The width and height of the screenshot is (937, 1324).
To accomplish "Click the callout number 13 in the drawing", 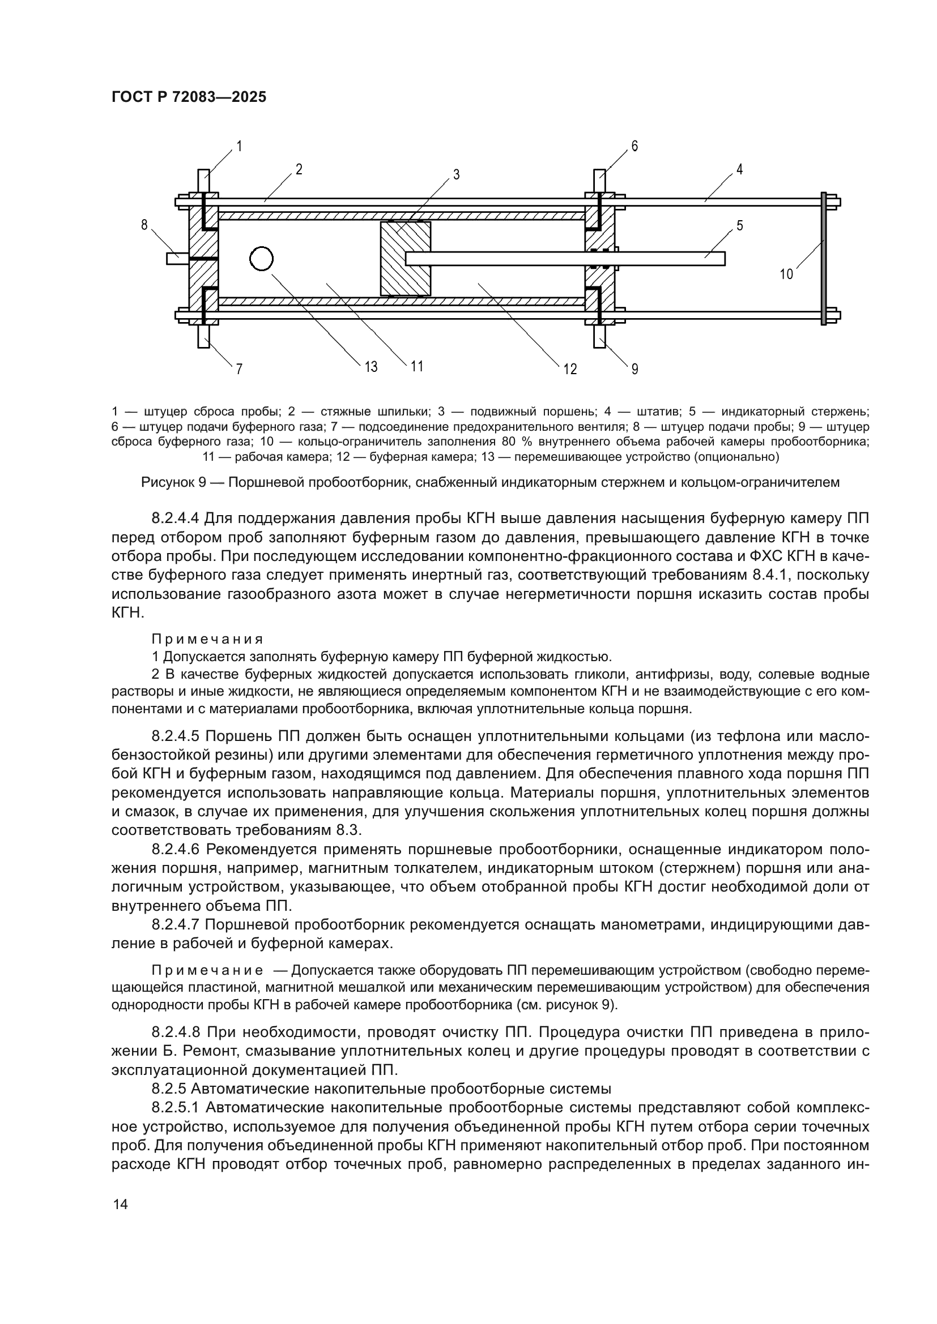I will (371, 366).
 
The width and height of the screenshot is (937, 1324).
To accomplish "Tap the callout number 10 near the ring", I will (786, 275).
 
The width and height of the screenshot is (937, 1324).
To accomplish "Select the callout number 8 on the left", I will (144, 225).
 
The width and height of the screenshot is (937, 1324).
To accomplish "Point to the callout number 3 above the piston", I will (456, 175).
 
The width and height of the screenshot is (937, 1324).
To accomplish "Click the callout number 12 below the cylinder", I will (570, 369).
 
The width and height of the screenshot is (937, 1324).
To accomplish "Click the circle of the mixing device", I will (261, 259).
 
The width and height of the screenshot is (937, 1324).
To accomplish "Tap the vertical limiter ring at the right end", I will (824, 259).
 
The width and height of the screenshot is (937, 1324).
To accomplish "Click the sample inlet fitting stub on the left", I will (177, 259).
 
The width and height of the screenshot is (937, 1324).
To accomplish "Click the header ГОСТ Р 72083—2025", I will (189, 97).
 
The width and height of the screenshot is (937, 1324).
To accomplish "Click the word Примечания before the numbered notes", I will (207, 639).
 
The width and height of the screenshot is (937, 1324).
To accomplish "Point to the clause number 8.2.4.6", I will (176, 849).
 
